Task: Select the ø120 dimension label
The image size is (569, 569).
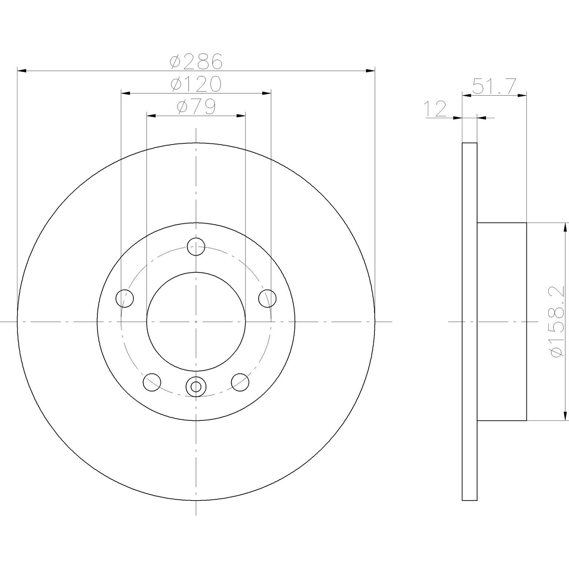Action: pyautogui.click(x=196, y=84)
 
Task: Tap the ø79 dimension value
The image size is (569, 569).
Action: pyautogui.click(x=196, y=107)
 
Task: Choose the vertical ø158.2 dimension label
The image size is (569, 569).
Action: pyautogui.click(x=558, y=322)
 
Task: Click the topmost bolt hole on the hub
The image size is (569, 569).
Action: pyautogui.click(x=196, y=247)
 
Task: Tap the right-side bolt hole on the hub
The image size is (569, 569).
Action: pyautogui.click(x=267, y=299)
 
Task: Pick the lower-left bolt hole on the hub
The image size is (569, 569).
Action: pyautogui.click(x=152, y=382)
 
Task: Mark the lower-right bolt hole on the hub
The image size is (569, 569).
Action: pyautogui.click(x=240, y=382)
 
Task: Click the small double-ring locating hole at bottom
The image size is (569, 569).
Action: pyautogui.click(x=196, y=387)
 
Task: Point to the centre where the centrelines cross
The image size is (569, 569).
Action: pyautogui.click(x=196, y=322)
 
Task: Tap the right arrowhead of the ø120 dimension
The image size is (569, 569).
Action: pyautogui.click(x=266, y=93)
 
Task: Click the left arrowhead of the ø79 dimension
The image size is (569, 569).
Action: pyautogui.click(x=151, y=116)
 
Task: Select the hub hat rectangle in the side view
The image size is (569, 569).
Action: pyautogui.click(x=502, y=322)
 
